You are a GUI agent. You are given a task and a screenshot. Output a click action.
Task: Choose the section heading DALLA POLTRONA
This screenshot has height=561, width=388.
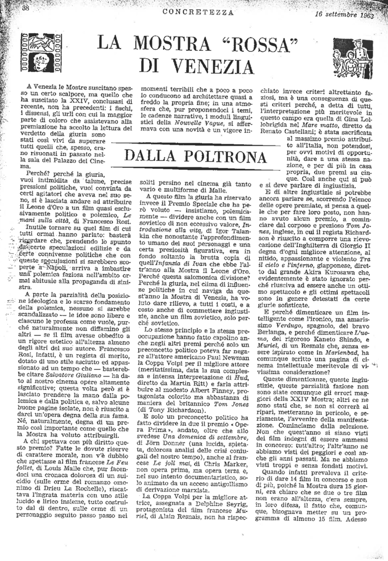[193, 154]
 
